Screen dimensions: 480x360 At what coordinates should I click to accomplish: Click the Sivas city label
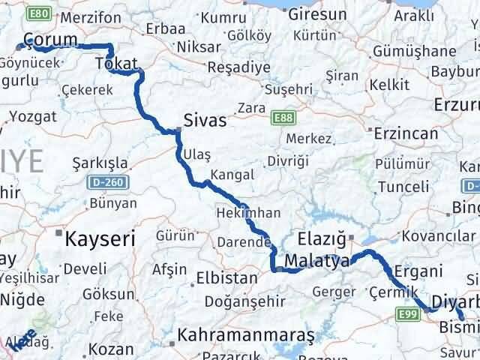[x=205, y=119]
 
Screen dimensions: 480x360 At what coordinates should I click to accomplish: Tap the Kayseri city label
[x=100, y=239]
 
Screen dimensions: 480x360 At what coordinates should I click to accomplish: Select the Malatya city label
[x=320, y=262]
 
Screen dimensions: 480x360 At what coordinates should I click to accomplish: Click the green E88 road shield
[x=284, y=118]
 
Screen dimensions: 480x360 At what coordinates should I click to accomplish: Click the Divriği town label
[x=289, y=161]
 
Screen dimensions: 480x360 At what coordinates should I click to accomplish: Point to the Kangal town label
[x=232, y=174]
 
